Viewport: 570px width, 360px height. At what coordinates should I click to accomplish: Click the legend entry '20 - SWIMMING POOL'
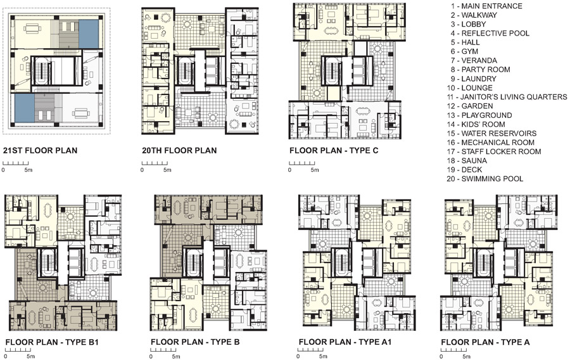pos(485,179)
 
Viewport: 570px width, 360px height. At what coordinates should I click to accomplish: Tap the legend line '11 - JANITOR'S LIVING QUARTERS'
pos(507,97)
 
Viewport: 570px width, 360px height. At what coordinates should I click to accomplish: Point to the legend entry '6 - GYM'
pos(465,51)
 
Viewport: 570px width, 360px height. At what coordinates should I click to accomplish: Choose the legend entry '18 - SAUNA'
pos(467,161)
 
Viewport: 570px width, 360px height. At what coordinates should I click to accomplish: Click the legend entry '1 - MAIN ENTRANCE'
pos(486,6)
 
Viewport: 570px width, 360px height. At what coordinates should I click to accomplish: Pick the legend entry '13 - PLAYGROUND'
pos(479,115)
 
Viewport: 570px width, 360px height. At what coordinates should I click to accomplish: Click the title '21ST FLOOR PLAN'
pos(40,151)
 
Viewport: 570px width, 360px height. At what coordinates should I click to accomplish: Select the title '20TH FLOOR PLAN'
pos(179,151)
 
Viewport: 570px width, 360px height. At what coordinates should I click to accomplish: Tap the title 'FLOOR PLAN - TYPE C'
pos(334,151)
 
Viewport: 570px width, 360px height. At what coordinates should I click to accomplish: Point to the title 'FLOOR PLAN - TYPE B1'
pos(52,342)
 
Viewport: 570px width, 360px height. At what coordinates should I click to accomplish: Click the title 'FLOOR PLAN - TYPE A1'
pos(345,342)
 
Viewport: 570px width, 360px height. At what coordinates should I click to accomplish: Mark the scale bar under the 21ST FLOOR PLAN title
pos(16,164)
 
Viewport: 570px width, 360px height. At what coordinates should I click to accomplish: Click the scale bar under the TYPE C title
pos(302,164)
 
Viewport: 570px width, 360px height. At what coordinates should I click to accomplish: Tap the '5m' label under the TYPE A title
pos(465,356)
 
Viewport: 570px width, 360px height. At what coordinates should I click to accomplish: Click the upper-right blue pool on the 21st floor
pos(89,34)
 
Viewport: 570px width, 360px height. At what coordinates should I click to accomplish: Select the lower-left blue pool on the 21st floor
pos(25,108)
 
